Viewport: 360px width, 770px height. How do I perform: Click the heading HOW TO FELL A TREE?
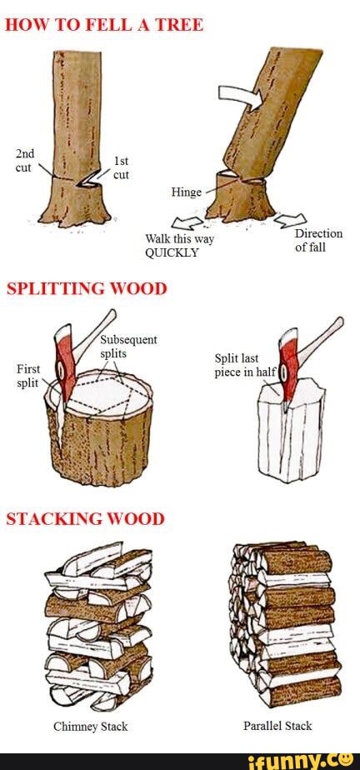(104, 24)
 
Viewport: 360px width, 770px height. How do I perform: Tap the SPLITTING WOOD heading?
(87, 288)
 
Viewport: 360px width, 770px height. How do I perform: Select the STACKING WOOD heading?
(85, 518)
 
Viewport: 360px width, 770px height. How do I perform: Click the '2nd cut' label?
(25, 160)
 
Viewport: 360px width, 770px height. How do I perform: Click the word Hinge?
(186, 192)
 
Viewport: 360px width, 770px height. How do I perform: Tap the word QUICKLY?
(172, 253)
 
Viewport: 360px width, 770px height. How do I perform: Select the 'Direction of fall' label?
(318, 241)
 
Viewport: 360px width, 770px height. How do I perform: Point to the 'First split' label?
(27, 376)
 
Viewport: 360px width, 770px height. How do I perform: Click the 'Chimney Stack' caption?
(91, 726)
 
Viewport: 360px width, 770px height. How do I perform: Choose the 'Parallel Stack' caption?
(277, 726)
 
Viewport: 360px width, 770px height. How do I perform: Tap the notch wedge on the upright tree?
(84, 177)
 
